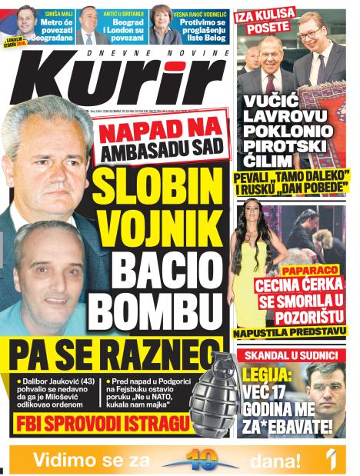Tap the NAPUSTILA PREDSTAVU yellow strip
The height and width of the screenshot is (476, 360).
pos(289,333)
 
